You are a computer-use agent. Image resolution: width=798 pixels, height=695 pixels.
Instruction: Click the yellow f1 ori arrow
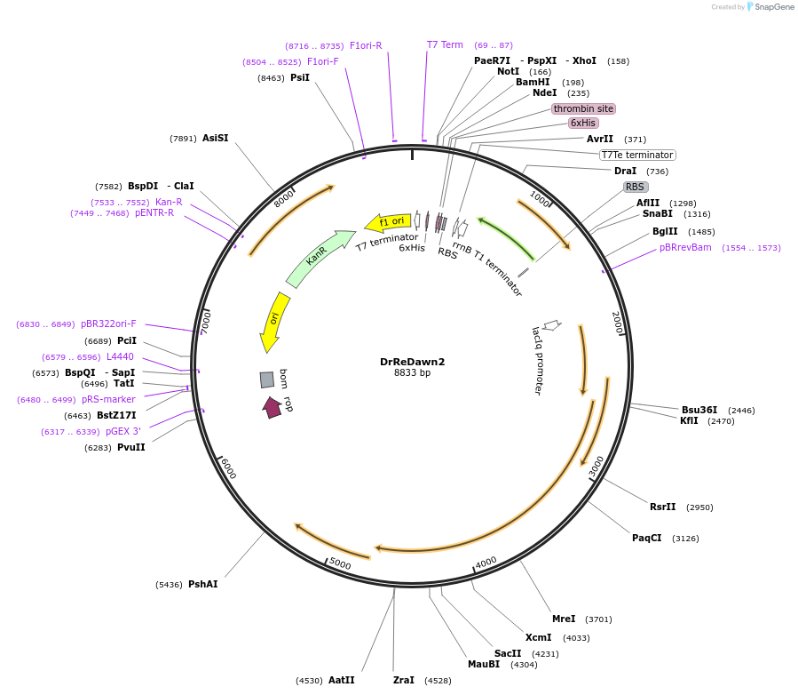coord(388,221)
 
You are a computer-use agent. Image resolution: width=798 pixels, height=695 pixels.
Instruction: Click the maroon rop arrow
coord(273,408)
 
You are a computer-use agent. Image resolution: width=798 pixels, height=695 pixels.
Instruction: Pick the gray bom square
coord(266,379)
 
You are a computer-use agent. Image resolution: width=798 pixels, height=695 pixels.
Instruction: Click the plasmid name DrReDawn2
coord(412,362)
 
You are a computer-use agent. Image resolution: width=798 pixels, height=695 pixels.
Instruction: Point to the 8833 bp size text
coord(412,373)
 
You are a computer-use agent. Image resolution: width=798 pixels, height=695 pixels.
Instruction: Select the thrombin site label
coord(583,108)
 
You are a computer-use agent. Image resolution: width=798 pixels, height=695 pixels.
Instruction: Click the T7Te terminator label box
coord(637,155)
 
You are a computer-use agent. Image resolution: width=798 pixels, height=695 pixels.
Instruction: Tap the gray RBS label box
coord(636,187)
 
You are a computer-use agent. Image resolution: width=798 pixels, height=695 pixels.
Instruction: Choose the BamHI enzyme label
coord(533,82)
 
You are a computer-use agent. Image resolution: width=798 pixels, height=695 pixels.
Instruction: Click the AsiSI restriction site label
coord(216,138)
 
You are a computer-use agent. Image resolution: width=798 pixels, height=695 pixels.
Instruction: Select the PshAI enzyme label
coord(203,584)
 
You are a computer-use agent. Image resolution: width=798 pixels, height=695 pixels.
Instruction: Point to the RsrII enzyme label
coord(662,507)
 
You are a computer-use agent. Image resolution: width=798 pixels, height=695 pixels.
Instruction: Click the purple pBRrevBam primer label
coord(685,248)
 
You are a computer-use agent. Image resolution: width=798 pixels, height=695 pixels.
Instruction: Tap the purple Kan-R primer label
coord(169,203)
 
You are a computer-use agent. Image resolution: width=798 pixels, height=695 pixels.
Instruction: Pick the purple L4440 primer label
coord(120,356)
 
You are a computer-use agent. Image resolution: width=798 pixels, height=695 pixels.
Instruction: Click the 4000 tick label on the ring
coord(486,563)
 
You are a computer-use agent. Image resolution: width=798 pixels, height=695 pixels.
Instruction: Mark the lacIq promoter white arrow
coord(552,324)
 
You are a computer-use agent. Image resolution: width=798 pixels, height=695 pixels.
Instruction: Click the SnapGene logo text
coord(773,6)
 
